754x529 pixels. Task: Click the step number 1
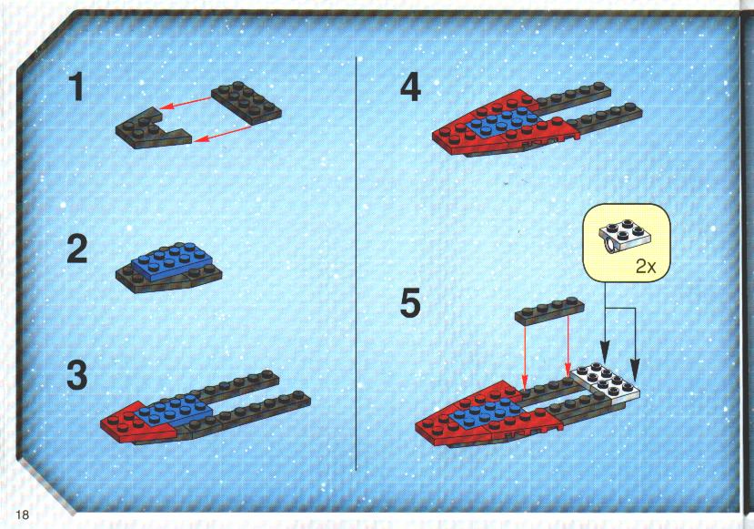[76, 87]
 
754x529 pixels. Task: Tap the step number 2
[77, 249]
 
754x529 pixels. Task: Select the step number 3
[77, 375]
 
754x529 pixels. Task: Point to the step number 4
[410, 87]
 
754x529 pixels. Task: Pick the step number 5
[410, 303]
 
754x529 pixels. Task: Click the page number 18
[22, 514]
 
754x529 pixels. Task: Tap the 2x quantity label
[646, 266]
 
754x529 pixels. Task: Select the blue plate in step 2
[172, 261]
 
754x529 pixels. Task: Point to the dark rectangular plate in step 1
[246, 103]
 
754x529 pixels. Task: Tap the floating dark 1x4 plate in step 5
[549, 311]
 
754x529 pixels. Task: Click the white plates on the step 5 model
[606, 382]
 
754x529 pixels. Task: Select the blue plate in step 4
[500, 122]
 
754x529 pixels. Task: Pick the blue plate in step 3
[173, 410]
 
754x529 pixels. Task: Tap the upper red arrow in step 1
[186, 103]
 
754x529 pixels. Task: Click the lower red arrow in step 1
[224, 133]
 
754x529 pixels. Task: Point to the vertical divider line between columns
[357, 263]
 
